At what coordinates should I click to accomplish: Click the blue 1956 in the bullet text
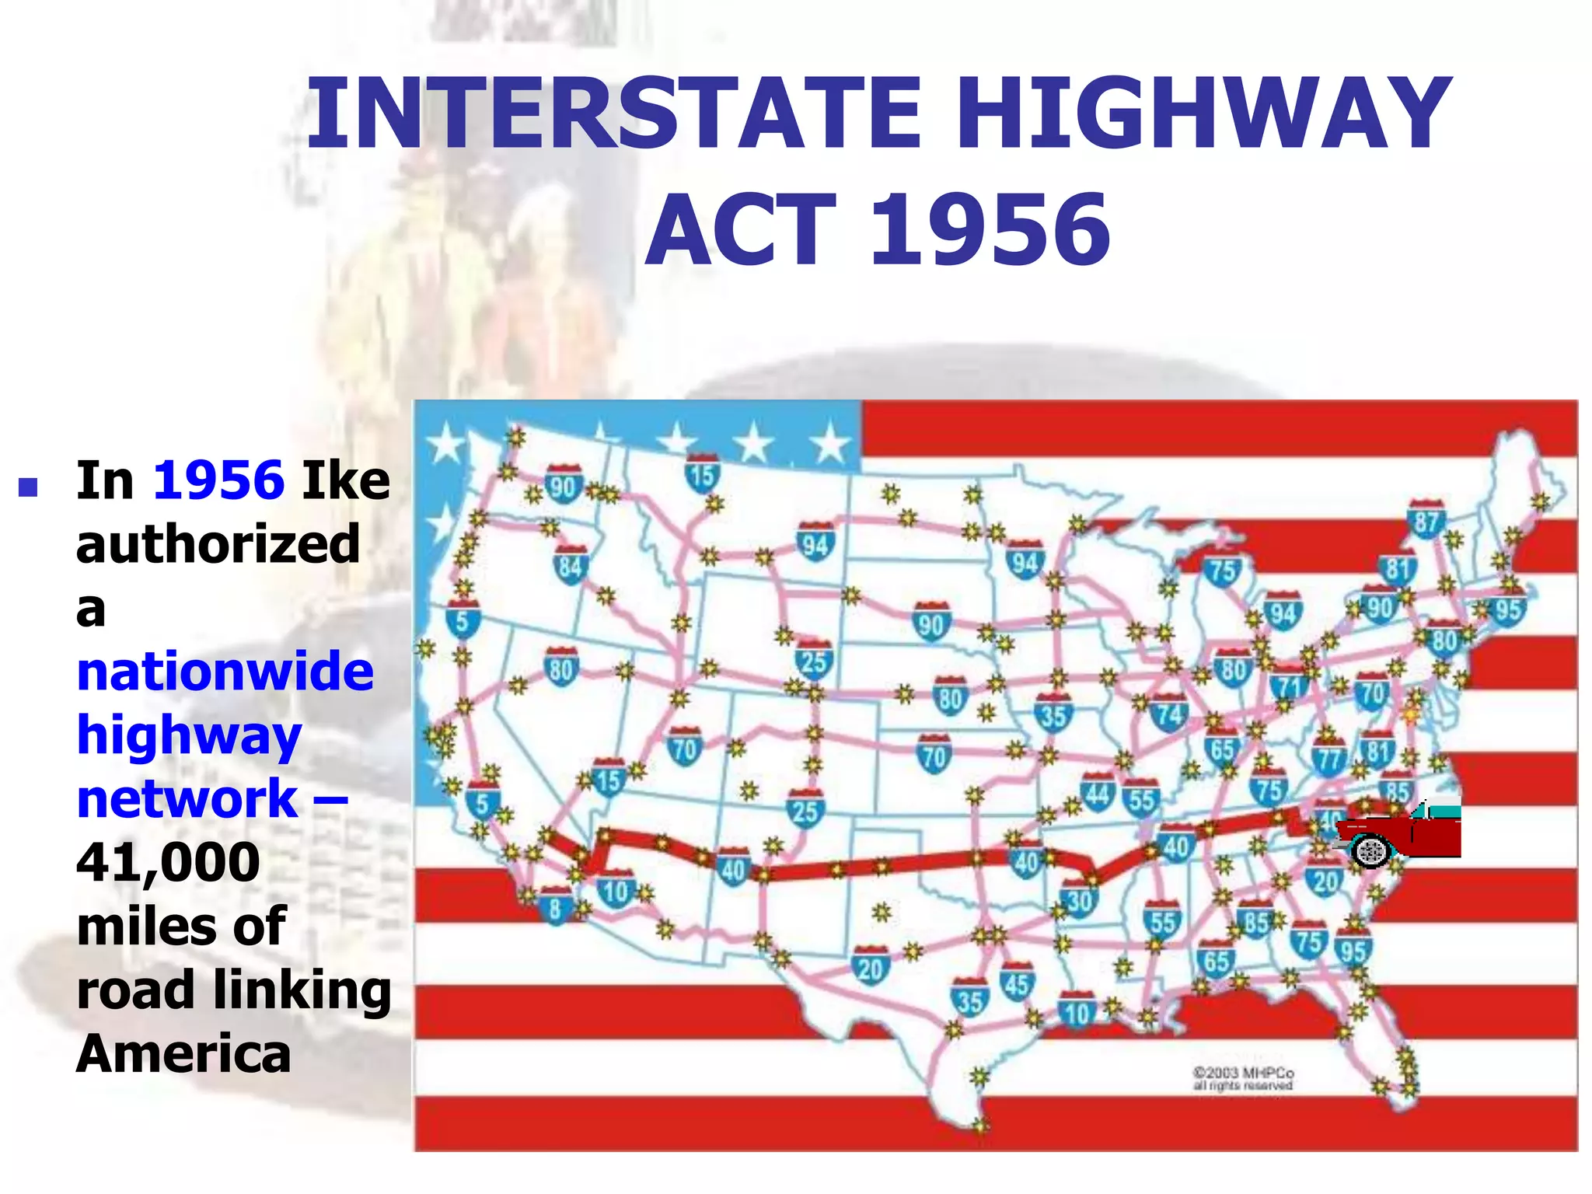219,480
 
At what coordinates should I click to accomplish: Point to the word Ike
346,480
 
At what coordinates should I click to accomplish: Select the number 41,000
168,863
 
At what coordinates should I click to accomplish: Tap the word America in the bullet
183,1054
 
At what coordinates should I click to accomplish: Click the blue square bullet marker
28,487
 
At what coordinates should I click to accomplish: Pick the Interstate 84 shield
570,565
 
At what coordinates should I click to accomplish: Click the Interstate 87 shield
1426,519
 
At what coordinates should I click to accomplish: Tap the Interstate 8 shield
555,906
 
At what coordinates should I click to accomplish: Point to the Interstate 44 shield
1098,793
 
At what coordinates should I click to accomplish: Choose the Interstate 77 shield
1329,757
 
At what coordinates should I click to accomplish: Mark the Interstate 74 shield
1169,713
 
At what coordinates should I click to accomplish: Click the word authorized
218,544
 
